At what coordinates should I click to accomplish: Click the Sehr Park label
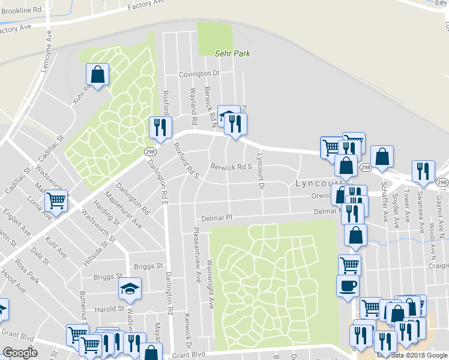tap(232, 53)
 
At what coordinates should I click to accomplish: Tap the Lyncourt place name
tap(318, 183)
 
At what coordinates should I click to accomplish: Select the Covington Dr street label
tap(200, 74)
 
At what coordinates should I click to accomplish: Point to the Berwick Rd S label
tap(230, 166)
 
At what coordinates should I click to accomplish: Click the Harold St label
tap(108, 309)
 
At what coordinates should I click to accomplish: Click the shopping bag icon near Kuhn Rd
tap(98, 75)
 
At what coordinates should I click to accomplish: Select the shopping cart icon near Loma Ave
tap(56, 200)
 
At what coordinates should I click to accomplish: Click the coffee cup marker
tap(348, 286)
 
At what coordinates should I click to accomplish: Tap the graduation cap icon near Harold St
tap(130, 289)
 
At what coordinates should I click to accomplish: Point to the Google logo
tap(20, 353)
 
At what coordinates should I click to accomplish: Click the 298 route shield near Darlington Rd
tap(149, 152)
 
